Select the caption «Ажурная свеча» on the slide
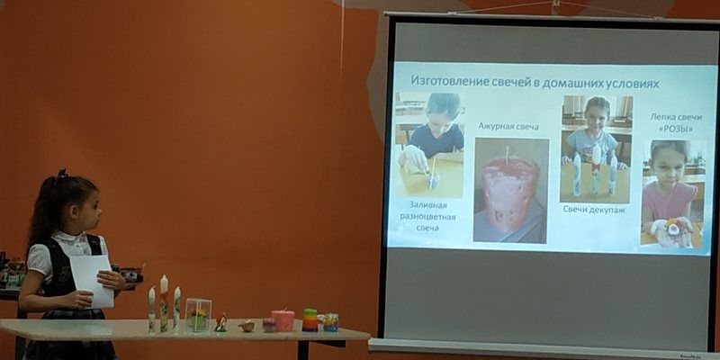coord(508,126)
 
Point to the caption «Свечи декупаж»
coord(594,210)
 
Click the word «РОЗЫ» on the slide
coord(676,130)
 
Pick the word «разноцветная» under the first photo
coord(427,217)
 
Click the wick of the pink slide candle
coord(507,155)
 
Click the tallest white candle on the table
coord(164,302)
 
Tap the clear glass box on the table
coord(198,314)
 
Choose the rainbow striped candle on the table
coord(310,319)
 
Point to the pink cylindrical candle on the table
coord(283,320)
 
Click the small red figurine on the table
coord(220,323)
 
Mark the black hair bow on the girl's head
coord(62,174)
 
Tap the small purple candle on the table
coord(269,325)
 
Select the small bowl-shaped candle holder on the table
coord(247,326)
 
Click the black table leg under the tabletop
coord(303,350)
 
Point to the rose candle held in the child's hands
coord(673,227)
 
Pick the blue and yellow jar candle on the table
coord(330,322)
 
